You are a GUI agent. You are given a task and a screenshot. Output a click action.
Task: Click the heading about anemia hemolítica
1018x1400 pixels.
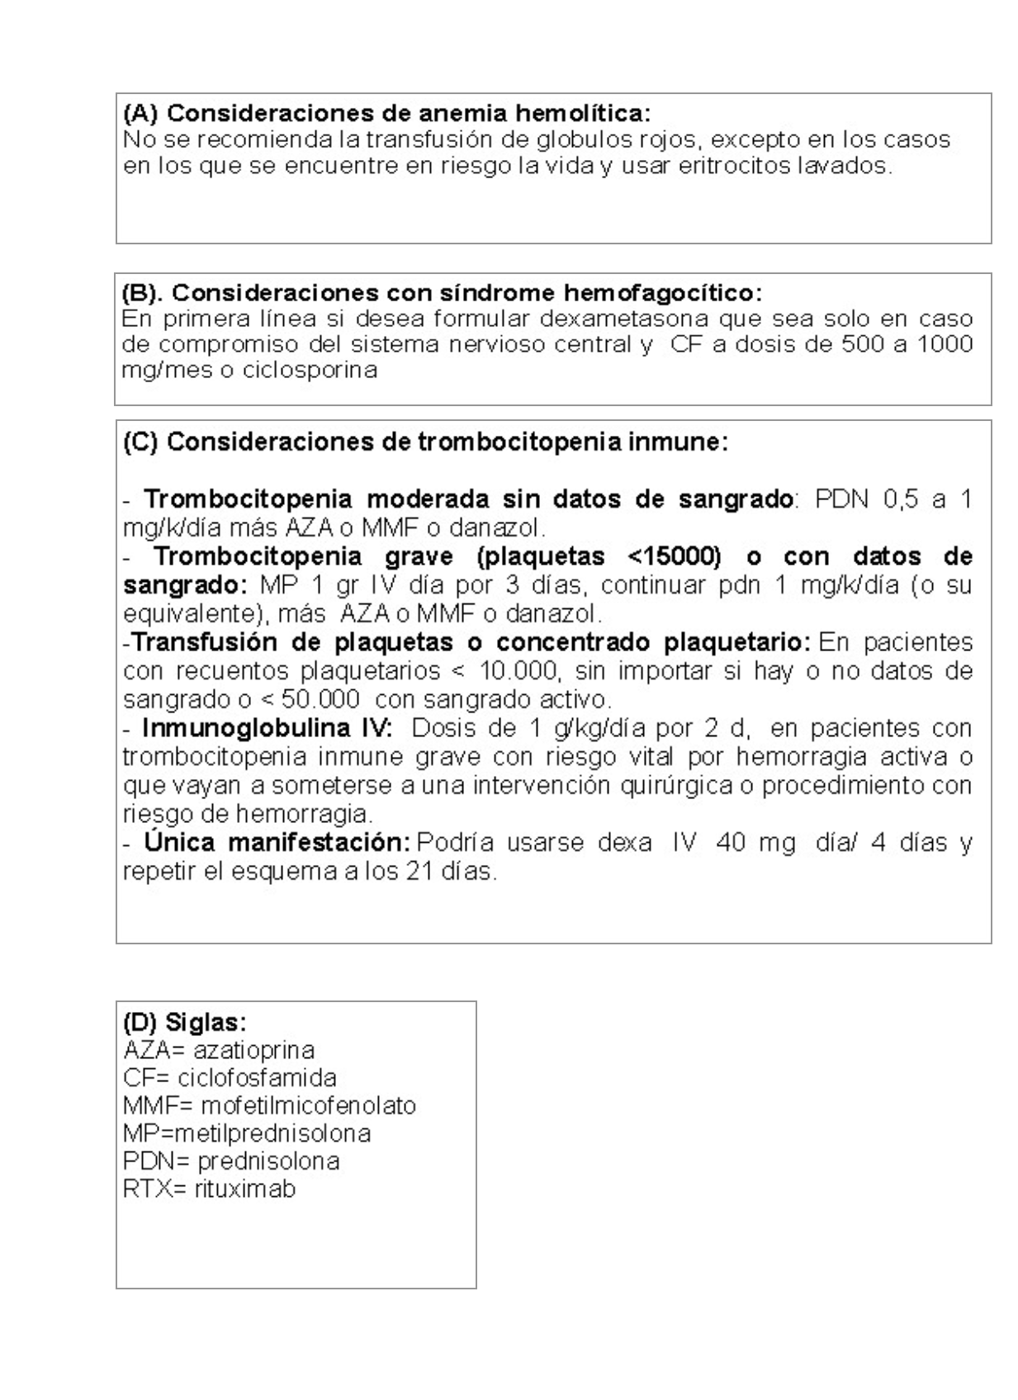(x=386, y=112)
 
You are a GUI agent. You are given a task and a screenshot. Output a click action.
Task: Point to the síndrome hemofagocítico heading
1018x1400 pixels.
(x=442, y=293)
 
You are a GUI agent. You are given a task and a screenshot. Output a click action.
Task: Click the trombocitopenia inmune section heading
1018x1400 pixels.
(x=425, y=442)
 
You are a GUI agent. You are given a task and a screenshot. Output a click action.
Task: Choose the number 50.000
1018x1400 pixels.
(x=320, y=699)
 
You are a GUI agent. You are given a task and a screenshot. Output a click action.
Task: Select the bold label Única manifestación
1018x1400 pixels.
(x=277, y=843)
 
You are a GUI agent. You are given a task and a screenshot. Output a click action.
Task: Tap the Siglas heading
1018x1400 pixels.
(x=184, y=1023)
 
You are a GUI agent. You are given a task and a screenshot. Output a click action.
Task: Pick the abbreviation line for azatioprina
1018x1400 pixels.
(x=219, y=1051)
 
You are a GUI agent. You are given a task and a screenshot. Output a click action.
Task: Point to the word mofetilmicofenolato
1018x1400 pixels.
(x=308, y=1106)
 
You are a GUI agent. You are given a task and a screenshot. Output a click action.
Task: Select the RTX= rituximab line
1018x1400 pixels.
(x=209, y=1190)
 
